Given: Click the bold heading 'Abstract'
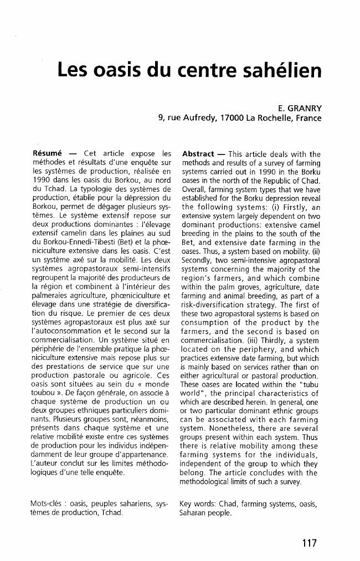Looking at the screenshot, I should coord(198,153).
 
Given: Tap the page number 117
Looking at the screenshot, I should coord(310,543).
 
